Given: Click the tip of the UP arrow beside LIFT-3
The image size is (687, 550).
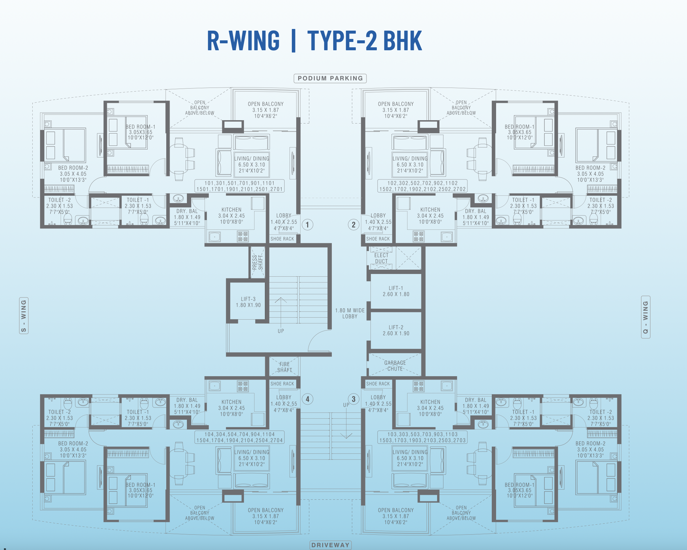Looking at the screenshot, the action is pos(281,297).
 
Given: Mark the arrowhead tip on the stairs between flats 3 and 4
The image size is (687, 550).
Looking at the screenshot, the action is pos(346,438).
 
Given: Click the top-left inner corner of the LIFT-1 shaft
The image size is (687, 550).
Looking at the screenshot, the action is pos(371,274).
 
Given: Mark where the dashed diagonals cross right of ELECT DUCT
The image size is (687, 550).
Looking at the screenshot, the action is pos(408,258).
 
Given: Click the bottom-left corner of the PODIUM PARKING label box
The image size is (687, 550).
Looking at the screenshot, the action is pos(294,83).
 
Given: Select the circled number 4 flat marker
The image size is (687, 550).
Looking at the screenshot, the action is pos(308,399).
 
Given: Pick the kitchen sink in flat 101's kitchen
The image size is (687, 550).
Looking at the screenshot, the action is pos(215,237).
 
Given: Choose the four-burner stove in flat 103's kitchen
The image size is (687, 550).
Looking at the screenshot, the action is pos(418,386).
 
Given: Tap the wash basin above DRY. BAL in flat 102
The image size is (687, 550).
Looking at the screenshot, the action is pos(483,199).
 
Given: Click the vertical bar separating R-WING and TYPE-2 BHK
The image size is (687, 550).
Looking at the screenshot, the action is pos(294,41).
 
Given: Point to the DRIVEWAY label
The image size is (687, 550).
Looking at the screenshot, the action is pos(331,545).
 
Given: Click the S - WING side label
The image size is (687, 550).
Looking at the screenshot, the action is pos(24,316).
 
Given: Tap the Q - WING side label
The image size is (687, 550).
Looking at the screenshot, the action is pos(646,317).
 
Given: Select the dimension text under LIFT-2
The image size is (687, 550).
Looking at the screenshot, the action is pos(396,333).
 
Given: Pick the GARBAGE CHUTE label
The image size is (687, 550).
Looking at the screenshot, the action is pos(395,366).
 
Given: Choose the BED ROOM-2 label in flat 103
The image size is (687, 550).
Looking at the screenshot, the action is pos(590,443).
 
